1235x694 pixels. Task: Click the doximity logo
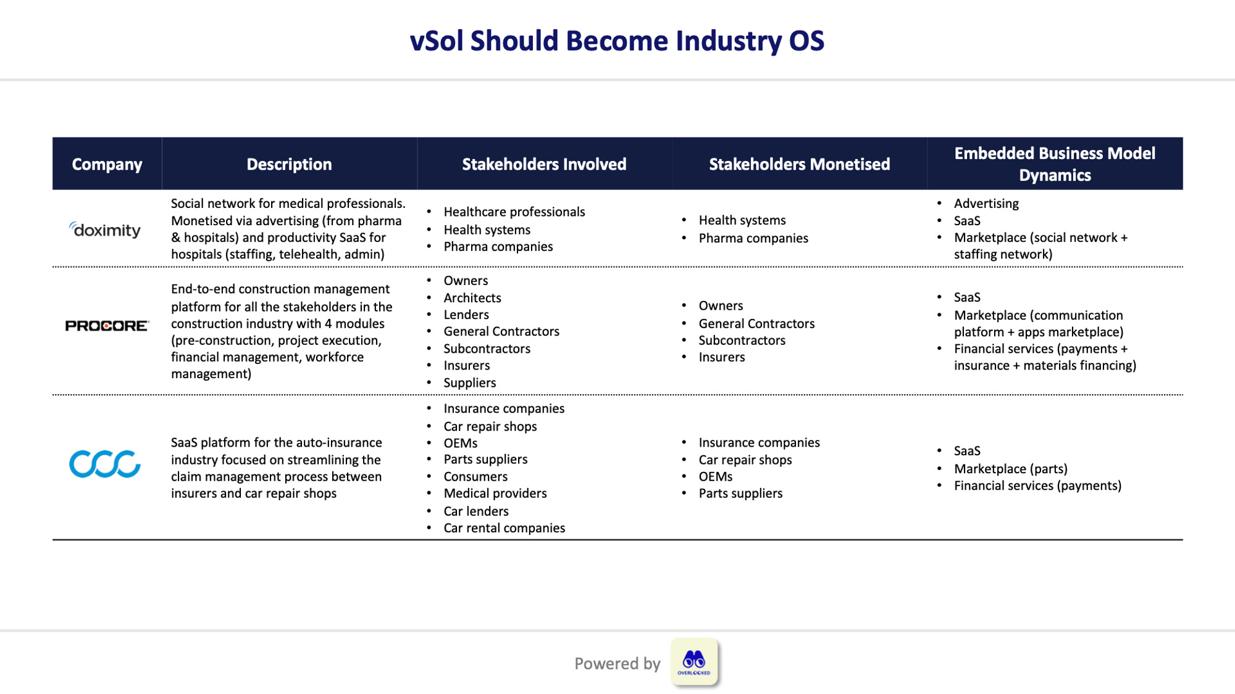[x=105, y=230]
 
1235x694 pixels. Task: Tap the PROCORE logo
[x=107, y=326]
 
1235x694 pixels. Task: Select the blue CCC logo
[x=105, y=464]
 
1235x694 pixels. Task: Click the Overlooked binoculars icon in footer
[x=694, y=662]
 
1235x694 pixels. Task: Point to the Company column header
[x=107, y=164]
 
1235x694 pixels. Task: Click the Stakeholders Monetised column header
[x=799, y=164]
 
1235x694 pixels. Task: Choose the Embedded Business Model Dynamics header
[x=1054, y=164]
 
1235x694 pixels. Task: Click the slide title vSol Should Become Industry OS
[x=617, y=41]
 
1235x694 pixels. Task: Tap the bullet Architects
[x=472, y=298]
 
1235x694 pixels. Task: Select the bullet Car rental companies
[x=504, y=528]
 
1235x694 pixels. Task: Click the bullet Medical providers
[x=495, y=494]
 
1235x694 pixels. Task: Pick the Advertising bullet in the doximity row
[x=986, y=204]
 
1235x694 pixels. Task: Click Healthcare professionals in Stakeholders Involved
[x=514, y=212]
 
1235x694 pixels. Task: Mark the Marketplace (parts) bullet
[x=1010, y=469]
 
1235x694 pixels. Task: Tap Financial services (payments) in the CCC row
[x=1037, y=486]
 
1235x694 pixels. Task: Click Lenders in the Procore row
[x=466, y=315]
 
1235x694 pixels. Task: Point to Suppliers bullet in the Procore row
[x=469, y=383]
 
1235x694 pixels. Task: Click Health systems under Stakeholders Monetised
[x=742, y=220]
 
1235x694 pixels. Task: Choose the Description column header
[x=289, y=164]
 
